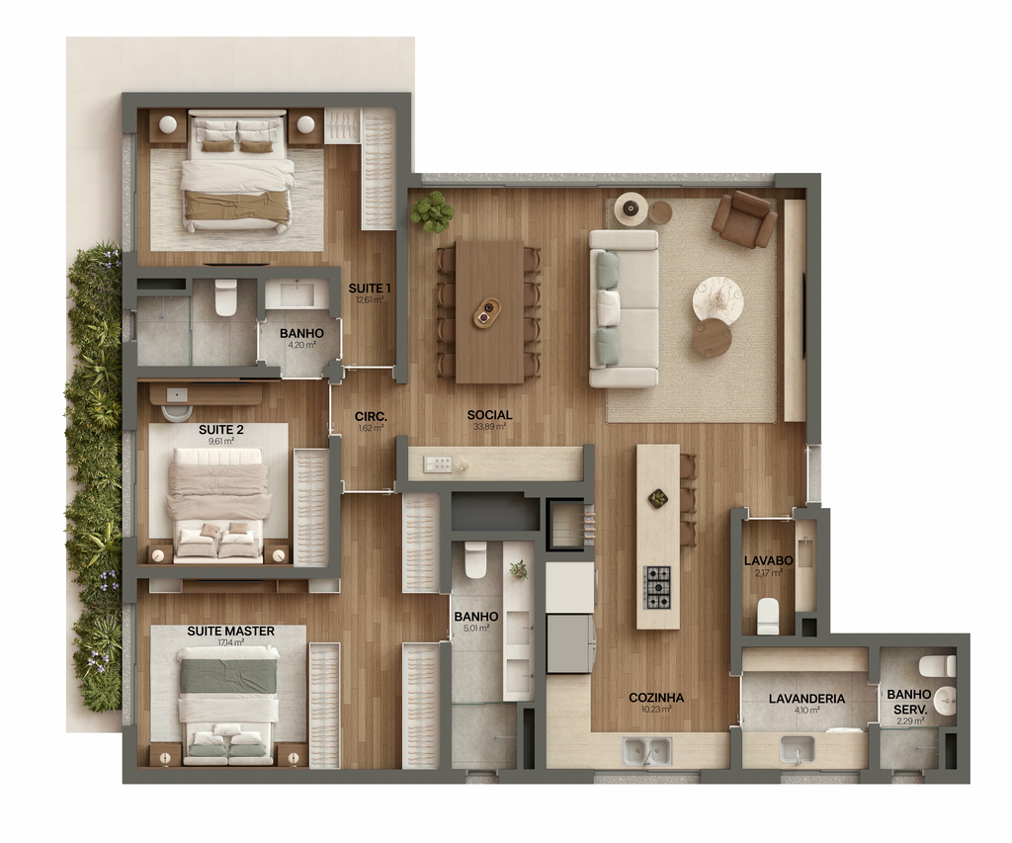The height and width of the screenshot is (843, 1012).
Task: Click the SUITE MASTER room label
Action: point(230,632)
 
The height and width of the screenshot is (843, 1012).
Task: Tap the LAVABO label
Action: point(768,561)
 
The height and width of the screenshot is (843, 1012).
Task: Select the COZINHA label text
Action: point(656,698)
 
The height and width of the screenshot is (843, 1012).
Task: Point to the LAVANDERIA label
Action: point(806,699)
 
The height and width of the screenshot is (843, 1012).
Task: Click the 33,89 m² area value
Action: point(489,427)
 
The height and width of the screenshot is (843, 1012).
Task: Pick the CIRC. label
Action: point(371,416)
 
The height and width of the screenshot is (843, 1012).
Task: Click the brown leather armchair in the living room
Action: point(745,219)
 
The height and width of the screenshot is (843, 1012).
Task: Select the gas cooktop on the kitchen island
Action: point(657,587)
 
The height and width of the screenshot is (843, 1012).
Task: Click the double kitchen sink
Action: point(647,752)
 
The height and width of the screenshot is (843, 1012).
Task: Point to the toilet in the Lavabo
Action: point(768,615)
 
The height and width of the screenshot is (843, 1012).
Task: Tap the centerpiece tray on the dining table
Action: point(486,313)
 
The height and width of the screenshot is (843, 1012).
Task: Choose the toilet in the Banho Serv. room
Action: point(937,666)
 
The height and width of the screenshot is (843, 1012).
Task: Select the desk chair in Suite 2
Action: point(178,410)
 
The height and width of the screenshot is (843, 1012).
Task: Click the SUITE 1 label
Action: point(370,289)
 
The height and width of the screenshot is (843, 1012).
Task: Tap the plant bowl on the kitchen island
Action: point(658,498)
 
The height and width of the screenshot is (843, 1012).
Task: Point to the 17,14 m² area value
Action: point(230,643)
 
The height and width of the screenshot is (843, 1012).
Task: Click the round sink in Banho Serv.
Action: point(945,701)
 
